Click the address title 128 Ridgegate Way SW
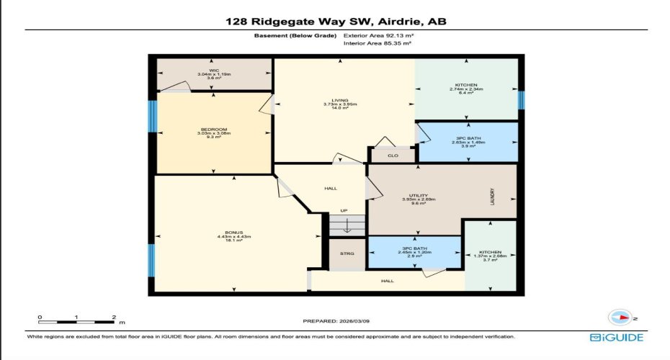(x=335, y=22)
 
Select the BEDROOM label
(x=213, y=130)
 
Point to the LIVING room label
(x=340, y=101)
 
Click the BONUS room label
(x=233, y=233)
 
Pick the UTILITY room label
(x=418, y=195)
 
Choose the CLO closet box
(x=392, y=155)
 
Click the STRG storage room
(x=348, y=253)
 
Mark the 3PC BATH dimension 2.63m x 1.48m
(x=469, y=142)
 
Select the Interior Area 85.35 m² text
(x=378, y=44)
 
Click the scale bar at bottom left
(x=77, y=318)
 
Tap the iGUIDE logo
(x=616, y=337)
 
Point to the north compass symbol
(x=620, y=316)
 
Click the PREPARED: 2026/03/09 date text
(x=336, y=321)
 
